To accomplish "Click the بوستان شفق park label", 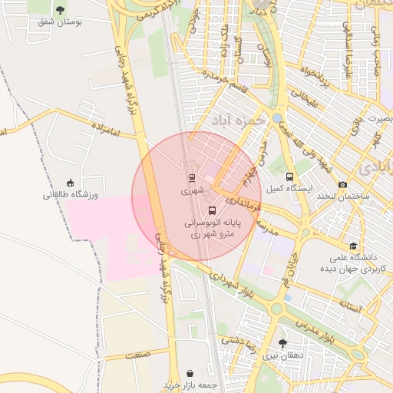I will pyautogui.click(x=61, y=22).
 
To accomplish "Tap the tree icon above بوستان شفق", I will pyautogui.click(x=61, y=10).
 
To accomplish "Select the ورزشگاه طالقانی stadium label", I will pyautogui.click(x=70, y=195).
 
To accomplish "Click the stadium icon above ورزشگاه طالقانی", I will pyautogui.click(x=70, y=183).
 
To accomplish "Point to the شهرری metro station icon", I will pyautogui.click(x=191, y=177).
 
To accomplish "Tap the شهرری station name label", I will pyautogui.click(x=191, y=189).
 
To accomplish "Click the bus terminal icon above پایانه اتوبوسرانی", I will pyautogui.click(x=212, y=210).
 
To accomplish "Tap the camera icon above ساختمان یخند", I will pyautogui.click(x=342, y=184).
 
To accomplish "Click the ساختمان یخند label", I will pyautogui.click(x=342, y=196).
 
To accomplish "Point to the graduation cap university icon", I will pyautogui.click(x=352, y=246).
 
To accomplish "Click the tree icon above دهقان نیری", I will pyautogui.click(x=283, y=342).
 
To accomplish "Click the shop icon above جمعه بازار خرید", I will pyautogui.click(x=191, y=371).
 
